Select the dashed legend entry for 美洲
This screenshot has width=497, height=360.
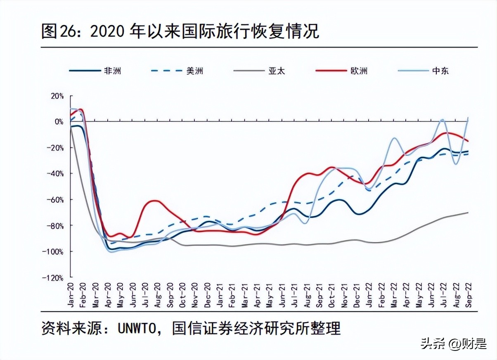tap(177, 71)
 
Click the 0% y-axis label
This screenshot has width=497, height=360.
tap(59, 122)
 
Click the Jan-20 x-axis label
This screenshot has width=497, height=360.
tap(71, 295)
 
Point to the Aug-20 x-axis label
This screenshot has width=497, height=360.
tap(157, 295)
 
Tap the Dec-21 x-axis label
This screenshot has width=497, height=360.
tap(356, 295)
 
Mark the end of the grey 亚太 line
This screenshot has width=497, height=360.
tap(468, 213)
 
